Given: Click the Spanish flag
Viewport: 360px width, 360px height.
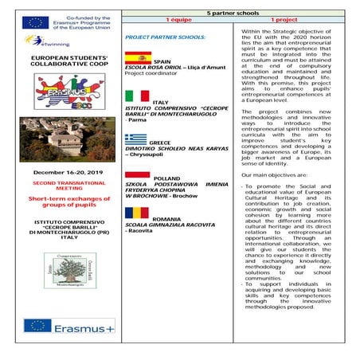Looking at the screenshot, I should coord(137,57).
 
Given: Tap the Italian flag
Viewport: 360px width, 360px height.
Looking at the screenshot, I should coord(137,96).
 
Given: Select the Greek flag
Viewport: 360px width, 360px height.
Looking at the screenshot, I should coord(136,139).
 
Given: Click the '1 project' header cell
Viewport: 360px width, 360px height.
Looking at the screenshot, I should coord(289,21).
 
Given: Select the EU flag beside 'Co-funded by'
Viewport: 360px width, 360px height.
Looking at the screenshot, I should coord(36,22).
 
